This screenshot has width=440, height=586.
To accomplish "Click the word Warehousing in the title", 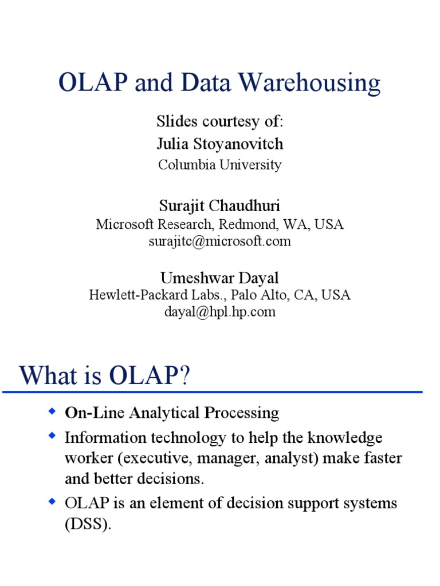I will pyautogui.click(x=309, y=84).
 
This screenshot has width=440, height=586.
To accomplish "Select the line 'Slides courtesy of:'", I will pyautogui.click(x=220, y=121).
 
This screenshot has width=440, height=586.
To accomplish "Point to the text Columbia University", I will pyautogui.click(x=220, y=165).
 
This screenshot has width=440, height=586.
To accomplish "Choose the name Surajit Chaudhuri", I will pyautogui.click(x=220, y=205).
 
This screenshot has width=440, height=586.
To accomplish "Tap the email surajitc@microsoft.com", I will pyautogui.click(x=220, y=241).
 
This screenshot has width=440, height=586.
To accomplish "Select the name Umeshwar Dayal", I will pyautogui.click(x=220, y=278).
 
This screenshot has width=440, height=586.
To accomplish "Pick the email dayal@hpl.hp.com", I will pyautogui.click(x=220, y=312).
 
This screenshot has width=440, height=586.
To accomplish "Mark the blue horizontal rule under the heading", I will pyautogui.click(x=212, y=393).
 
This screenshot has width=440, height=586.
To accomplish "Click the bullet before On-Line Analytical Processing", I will pyautogui.click(x=52, y=411).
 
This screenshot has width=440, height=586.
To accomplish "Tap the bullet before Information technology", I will pyautogui.click(x=52, y=437).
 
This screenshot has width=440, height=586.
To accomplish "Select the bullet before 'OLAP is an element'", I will pyautogui.click(x=52, y=502).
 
